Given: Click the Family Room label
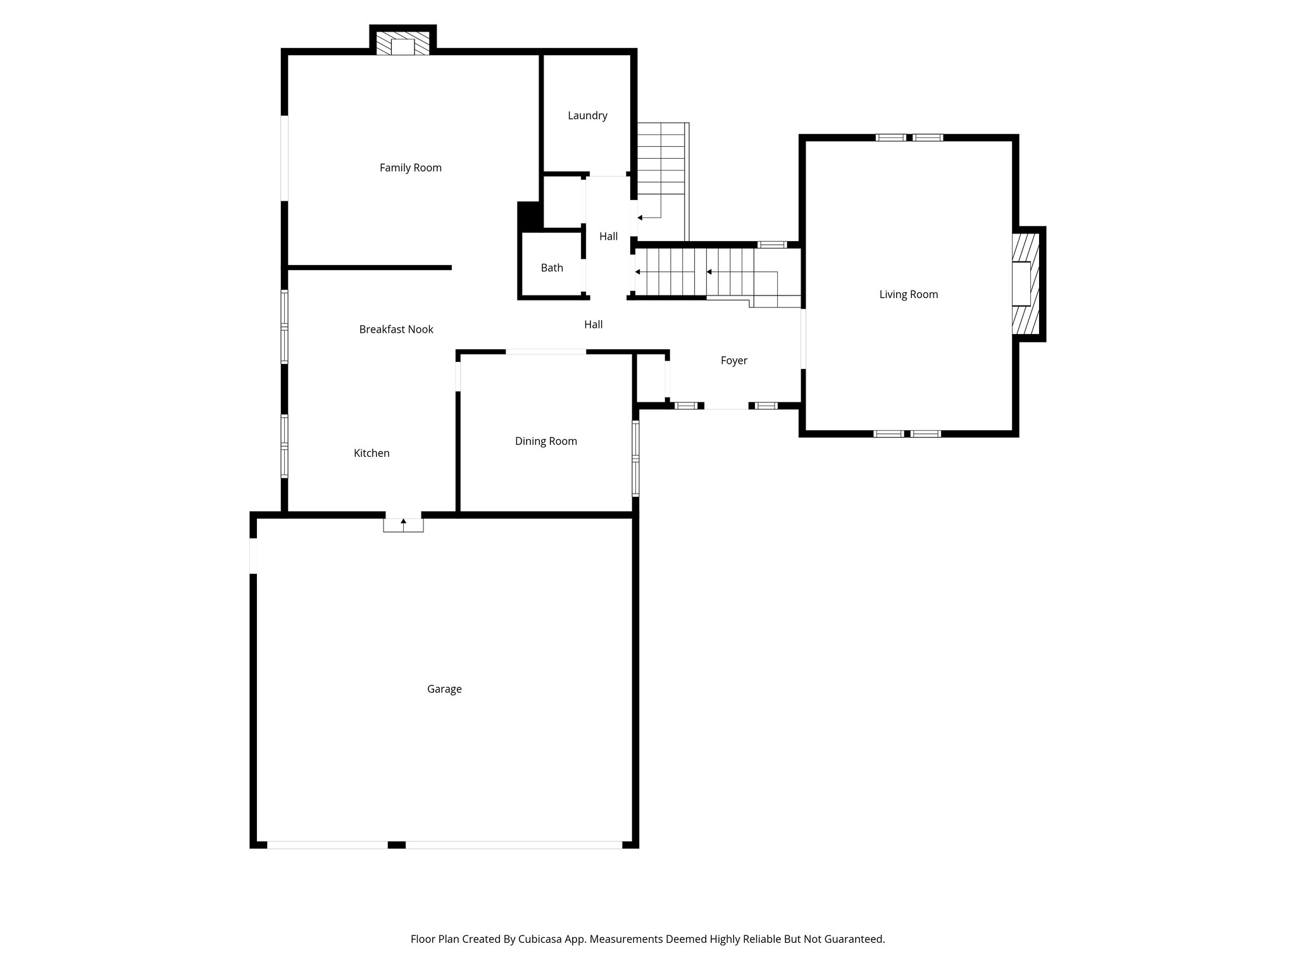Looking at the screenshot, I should (410, 168).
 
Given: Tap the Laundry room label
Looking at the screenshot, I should (587, 116).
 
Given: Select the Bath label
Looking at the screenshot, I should (552, 268).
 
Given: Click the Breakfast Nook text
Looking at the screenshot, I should (396, 329).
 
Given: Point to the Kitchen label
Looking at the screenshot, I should (371, 453).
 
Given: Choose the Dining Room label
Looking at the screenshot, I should (545, 441).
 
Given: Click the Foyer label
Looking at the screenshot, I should (733, 361).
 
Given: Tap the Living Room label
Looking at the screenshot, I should (908, 294).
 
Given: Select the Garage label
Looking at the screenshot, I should (444, 689).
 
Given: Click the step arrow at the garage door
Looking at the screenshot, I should (403, 523).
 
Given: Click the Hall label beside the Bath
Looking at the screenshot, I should (608, 237).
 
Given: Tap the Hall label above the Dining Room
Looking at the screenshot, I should (593, 325).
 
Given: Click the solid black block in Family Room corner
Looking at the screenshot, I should (529, 215).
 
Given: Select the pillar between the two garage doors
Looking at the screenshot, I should (396, 845).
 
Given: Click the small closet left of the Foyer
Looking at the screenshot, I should (650, 378).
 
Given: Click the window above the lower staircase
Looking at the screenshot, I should (772, 245).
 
